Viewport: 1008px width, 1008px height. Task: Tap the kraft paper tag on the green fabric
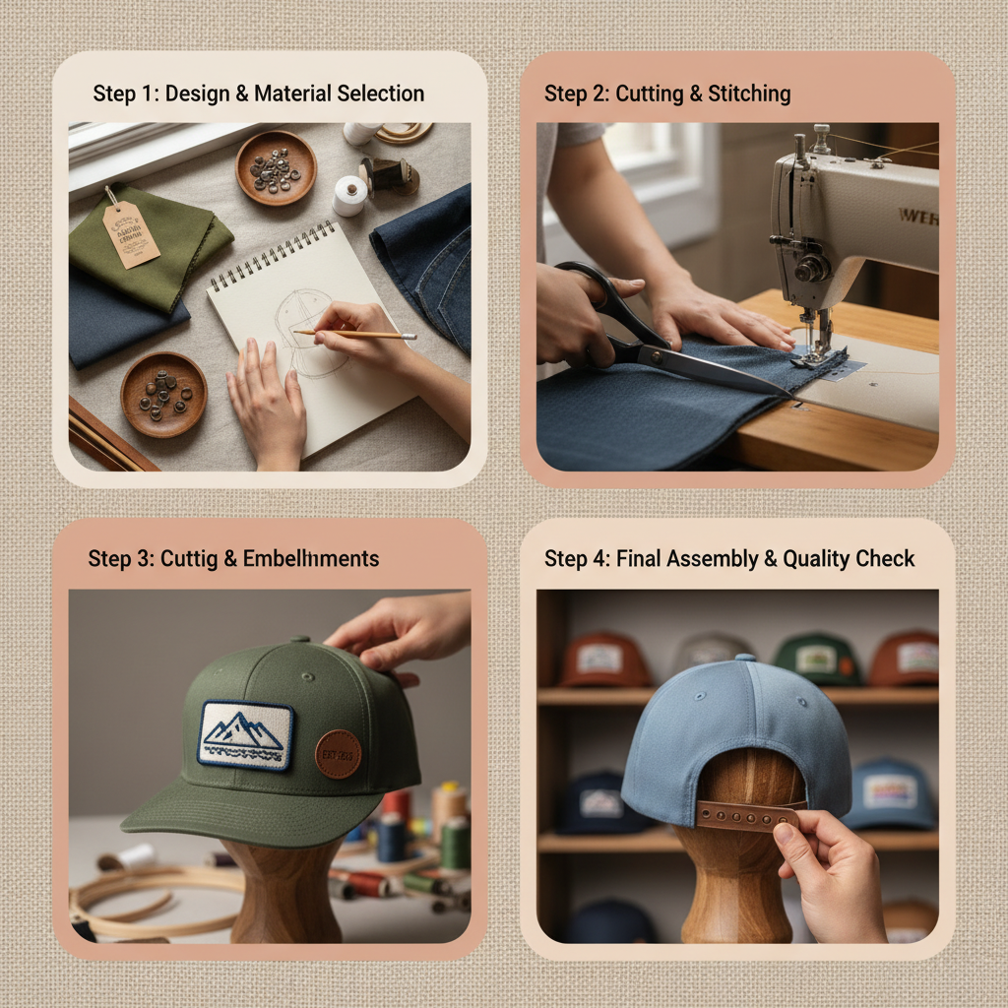coord(131,232)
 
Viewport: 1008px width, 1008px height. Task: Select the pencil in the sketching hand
coord(354,335)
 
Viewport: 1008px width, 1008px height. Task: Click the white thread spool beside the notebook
coord(349,196)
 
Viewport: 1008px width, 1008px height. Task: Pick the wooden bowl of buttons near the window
coord(276,167)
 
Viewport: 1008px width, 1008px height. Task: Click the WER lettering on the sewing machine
coord(916,215)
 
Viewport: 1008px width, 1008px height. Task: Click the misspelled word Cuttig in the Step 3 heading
coord(188,558)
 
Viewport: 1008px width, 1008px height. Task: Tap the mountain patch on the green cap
coord(245,734)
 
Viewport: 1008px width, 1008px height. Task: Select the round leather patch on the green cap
coord(338,753)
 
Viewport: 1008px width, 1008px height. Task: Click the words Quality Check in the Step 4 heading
coord(849,558)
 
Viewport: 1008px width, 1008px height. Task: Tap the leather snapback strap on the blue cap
coord(746,814)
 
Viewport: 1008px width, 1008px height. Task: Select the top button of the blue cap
coord(745,658)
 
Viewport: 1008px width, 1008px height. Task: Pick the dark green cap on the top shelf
coord(817,659)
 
